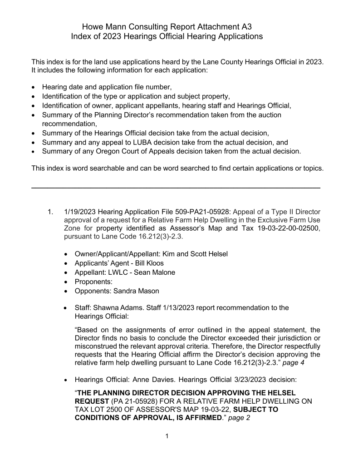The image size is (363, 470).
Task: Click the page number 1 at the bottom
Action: [x=167, y=436]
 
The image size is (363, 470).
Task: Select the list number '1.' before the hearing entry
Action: [x=50, y=212]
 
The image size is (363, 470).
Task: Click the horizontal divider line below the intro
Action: [x=176, y=187]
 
